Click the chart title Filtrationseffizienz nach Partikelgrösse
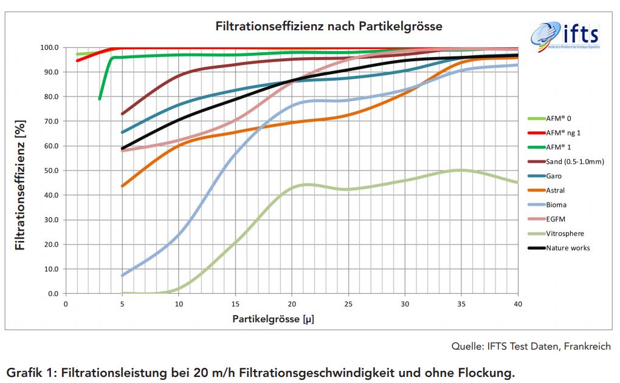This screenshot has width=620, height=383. click(x=329, y=27)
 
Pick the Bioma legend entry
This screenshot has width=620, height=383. click(x=556, y=205)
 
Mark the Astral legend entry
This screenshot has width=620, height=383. click(x=556, y=191)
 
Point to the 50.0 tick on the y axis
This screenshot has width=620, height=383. click(x=50, y=171)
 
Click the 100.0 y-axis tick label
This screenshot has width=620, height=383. click(x=49, y=47)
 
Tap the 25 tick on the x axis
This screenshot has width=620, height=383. click(x=348, y=303)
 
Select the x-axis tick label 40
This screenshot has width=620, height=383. click(x=518, y=303)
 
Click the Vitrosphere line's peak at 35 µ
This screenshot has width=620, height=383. click(x=461, y=170)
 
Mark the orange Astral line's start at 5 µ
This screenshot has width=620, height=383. click(x=123, y=186)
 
